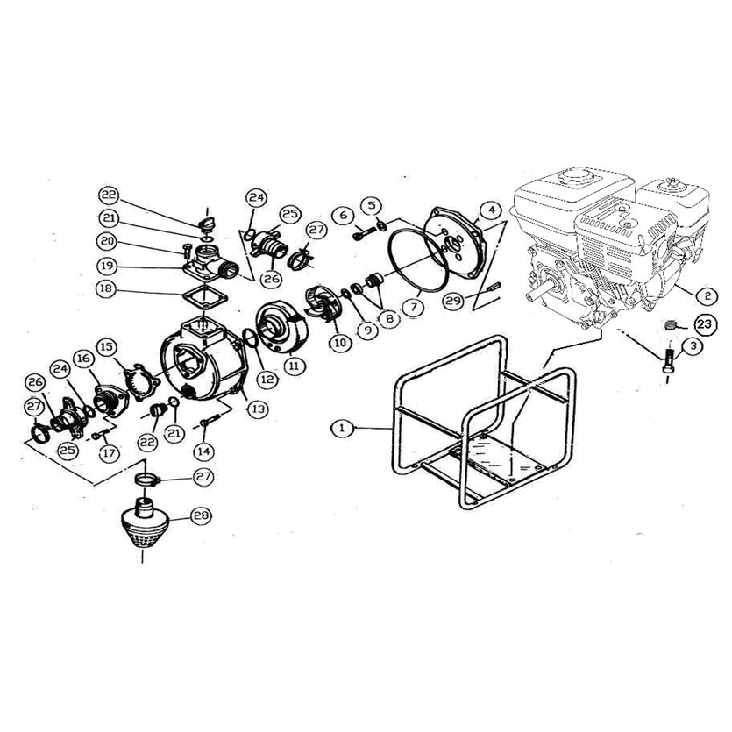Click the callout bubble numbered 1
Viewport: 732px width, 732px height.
pyautogui.click(x=343, y=428)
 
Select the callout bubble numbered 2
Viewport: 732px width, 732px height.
pyautogui.click(x=707, y=295)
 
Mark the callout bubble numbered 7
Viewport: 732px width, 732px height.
pyautogui.click(x=415, y=307)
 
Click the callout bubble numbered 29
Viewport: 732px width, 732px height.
pyautogui.click(x=453, y=300)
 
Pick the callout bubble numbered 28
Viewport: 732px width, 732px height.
pyautogui.click(x=203, y=515)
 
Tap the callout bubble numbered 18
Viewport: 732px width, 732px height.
pyautogui.click(x=106, y=288)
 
